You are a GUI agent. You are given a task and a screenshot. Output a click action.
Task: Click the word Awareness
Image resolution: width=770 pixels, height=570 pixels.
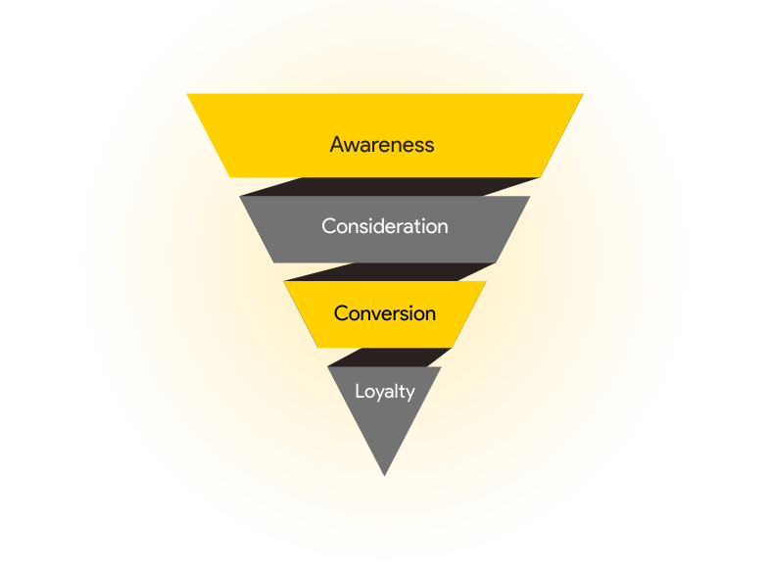(x=381, y=144)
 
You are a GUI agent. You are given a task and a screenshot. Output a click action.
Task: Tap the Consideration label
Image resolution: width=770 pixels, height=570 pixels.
(x=384, y=226)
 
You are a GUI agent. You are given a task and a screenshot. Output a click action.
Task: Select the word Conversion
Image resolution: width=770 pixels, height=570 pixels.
(x=384, y=313)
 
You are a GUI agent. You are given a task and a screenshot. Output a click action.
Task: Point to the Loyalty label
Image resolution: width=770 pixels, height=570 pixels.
(x=384, y=392)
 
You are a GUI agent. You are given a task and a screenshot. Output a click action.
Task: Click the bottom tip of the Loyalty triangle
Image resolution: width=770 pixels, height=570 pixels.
(x=384, y=475)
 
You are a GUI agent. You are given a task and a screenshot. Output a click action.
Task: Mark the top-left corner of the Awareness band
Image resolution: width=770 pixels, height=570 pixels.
(x=188, y=95)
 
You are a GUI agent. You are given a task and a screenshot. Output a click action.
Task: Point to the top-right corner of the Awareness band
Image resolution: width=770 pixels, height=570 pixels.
(x=582, y=95)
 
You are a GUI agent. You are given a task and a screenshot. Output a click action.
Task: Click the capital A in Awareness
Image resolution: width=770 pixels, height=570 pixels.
(x=337, y=144)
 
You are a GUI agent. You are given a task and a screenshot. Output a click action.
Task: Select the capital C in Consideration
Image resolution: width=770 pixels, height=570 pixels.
(x=328, y=226)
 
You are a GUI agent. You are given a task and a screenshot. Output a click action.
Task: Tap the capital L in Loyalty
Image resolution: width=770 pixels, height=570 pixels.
(x=359, y=392)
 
